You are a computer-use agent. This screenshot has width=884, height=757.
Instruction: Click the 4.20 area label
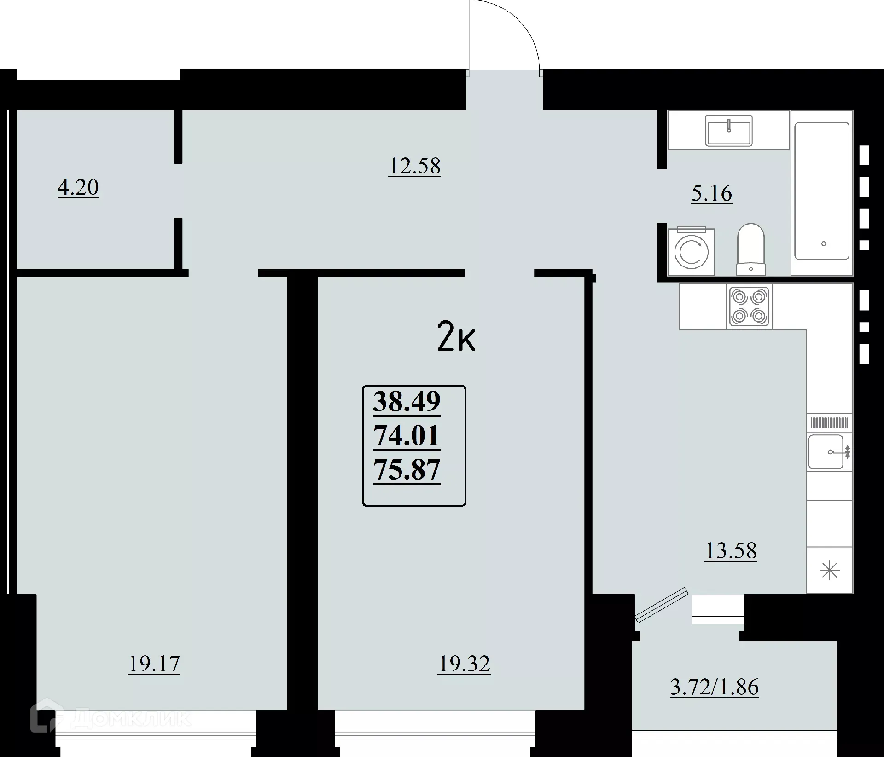point(78,188)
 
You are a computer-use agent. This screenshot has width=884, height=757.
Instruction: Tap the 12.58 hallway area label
point(414,166)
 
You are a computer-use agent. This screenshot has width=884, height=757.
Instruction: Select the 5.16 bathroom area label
point(711,194)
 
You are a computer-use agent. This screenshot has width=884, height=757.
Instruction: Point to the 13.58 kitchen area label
point(731,551)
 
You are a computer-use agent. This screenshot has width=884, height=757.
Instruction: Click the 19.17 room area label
point(154,664)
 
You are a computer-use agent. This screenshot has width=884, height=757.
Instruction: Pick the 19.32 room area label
point(464,664)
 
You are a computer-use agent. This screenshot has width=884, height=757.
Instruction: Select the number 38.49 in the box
point(407,401)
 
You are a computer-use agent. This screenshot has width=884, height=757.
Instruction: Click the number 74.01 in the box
point(407,436)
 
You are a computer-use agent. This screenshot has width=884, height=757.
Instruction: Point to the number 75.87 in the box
point(407,470)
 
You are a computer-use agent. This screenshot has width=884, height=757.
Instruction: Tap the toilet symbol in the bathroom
point(750,249)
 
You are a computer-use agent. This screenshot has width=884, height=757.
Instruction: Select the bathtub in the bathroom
point(822,191)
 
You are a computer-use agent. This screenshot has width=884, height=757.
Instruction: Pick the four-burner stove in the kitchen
point(749,306)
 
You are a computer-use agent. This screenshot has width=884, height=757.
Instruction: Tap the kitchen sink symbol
point(827,452)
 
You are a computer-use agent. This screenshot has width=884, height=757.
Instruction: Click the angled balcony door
point(662,605)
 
